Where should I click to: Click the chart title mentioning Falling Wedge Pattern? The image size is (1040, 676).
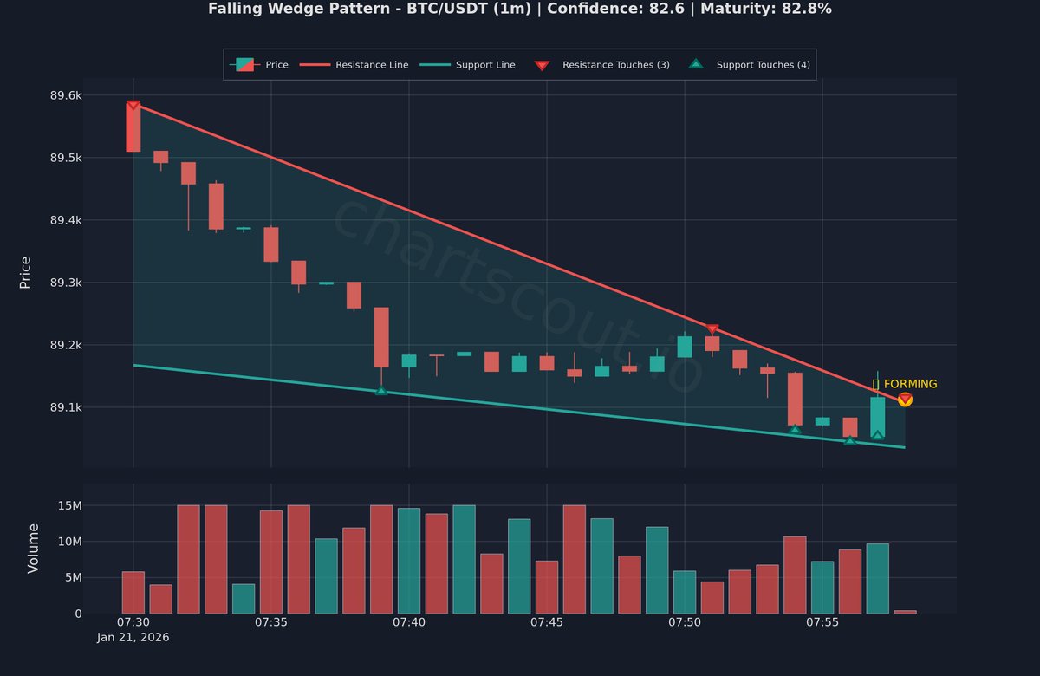coord(520,9)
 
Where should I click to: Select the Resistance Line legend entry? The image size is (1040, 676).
coord(372,65)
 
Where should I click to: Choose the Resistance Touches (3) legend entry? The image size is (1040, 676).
coord(615,65)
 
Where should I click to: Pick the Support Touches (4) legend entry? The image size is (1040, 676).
coord(763,65)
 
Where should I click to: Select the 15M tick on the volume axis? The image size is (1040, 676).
coord(68,505)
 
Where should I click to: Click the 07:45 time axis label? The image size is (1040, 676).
coord(547,622)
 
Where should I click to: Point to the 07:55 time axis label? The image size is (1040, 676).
coord(822,622)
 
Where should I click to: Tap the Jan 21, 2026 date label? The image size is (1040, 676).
coord(133,637)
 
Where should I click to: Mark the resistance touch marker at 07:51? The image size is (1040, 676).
coord(712,329)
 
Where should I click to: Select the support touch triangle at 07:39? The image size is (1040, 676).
coord(381,391)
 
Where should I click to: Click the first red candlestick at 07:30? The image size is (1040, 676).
coord(133,128)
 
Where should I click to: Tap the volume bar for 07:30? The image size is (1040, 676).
coord(133,593)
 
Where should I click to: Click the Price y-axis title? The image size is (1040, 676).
coord(25,272)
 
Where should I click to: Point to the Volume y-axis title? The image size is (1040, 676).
coord(34,548)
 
